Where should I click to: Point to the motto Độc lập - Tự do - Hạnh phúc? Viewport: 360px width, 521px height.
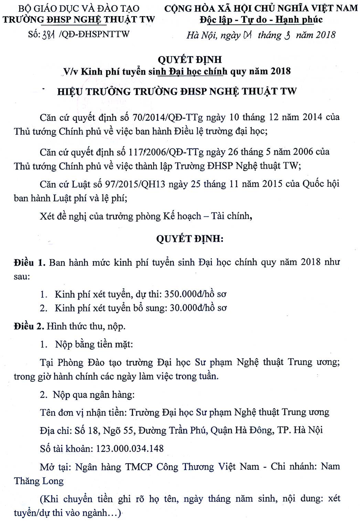[261, 19]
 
